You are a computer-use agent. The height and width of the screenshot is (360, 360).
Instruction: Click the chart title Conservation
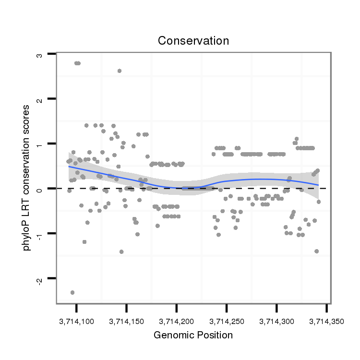click(193, 41)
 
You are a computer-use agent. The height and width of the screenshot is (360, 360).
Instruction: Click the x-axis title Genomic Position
click(193, 335)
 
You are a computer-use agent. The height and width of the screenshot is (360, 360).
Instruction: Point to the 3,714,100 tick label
click(76, 320)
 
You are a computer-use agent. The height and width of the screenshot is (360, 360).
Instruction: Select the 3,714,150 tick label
click(126, 320)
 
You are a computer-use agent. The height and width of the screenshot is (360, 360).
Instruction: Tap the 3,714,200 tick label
click(176, 320)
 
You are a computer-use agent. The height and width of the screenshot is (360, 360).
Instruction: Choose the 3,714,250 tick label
click(226, 320)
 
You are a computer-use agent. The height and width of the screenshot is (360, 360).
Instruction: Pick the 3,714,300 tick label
click(276, 320)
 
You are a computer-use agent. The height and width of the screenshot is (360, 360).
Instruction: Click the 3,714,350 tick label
click(326, 320)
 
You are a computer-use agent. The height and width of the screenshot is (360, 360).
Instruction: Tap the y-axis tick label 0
click(40, 189)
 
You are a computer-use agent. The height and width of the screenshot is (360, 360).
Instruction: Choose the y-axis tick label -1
click(40, 234)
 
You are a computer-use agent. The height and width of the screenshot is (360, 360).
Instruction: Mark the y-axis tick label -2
click(40, 279)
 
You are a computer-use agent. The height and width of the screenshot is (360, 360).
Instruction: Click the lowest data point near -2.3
click(72, 292)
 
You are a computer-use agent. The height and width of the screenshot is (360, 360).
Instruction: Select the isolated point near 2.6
click(119, 71)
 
